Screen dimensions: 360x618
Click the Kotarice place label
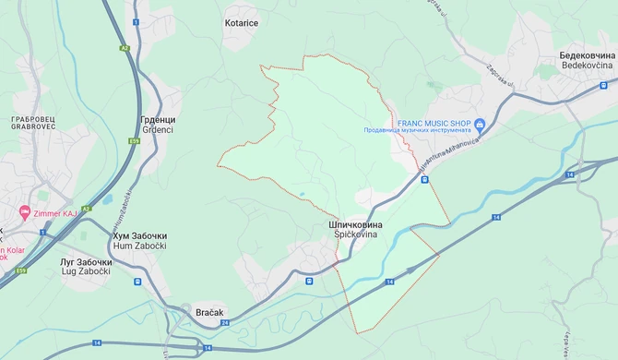click(243, 21)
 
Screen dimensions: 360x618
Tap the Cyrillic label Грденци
click(159, 120)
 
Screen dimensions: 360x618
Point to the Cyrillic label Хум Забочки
click(140, 236)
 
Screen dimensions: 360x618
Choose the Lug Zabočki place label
click(80, 270)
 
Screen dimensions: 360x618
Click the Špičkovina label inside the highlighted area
click(354, 235)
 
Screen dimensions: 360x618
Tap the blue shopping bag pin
click(480, 124)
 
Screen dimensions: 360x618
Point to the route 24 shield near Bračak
click(224, 323)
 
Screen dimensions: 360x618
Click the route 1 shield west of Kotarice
click(136, 21)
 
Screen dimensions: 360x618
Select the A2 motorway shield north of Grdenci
click(125, 48)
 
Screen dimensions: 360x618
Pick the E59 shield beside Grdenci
click(136, 141)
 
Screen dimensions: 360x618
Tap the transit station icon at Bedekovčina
click(603, 86)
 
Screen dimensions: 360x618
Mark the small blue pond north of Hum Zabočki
click(108, 198)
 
